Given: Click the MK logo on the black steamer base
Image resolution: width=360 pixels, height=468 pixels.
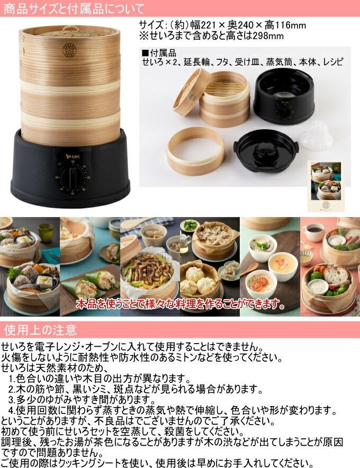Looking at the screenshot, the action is click(71, 156).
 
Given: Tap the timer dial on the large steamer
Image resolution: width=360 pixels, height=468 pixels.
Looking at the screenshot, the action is click(72, 179).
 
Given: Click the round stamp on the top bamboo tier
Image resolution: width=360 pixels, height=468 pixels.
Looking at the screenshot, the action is click(69, 50).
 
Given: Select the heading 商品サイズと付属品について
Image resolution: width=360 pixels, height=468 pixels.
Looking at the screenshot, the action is click(74, 8).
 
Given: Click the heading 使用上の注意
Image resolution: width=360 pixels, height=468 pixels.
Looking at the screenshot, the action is click(40, 330).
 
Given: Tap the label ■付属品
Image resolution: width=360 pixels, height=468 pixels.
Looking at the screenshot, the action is click(159, 53).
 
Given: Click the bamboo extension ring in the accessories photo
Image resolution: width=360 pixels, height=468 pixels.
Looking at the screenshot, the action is click(195, 155).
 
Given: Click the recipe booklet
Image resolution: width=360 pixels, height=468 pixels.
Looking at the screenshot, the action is click(326, 186).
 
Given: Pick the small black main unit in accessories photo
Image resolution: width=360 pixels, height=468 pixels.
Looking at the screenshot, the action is click(284, 96).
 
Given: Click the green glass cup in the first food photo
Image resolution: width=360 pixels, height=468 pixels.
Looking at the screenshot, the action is click(46, 232).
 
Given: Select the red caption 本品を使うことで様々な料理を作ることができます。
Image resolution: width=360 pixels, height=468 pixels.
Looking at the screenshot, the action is click(181, 304).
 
